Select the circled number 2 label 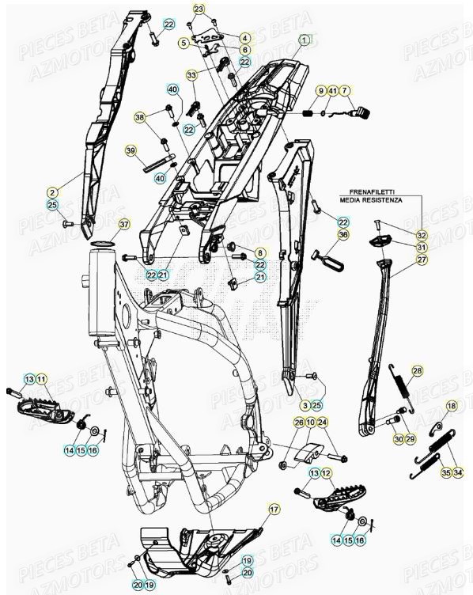[52, 192]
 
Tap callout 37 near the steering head [123, 225]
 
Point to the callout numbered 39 [131, 150]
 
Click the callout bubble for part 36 [342, 234]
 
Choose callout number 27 [422, 260]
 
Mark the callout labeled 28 [417, 370]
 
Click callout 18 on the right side [451, 406]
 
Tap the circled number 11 [42, 381]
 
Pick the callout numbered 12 [327, 473]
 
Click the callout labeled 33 [191, 74]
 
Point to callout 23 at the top [198, 9]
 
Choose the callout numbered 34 [458, 473]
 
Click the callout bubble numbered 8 [259, 252]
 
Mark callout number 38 [140, 117]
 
